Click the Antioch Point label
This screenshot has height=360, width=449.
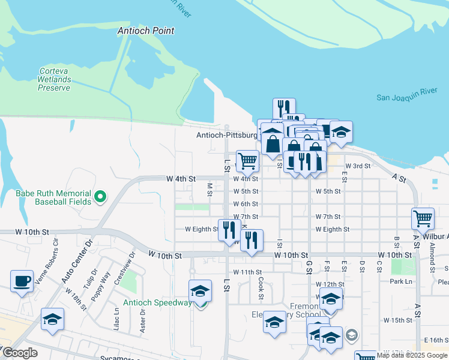[x=146, y=31]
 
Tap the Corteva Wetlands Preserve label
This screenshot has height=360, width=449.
[x=54, y=79]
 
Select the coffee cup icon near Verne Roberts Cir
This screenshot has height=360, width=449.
[x=22, y=281]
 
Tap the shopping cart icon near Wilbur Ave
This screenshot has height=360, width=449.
[x=423, y=218]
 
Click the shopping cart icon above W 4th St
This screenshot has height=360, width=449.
[x=247, y=161]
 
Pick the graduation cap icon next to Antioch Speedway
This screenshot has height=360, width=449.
[x=200, y=292]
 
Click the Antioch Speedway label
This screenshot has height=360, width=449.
[x=157, y=302]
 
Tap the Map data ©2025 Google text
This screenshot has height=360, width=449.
[x=412, y=355]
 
